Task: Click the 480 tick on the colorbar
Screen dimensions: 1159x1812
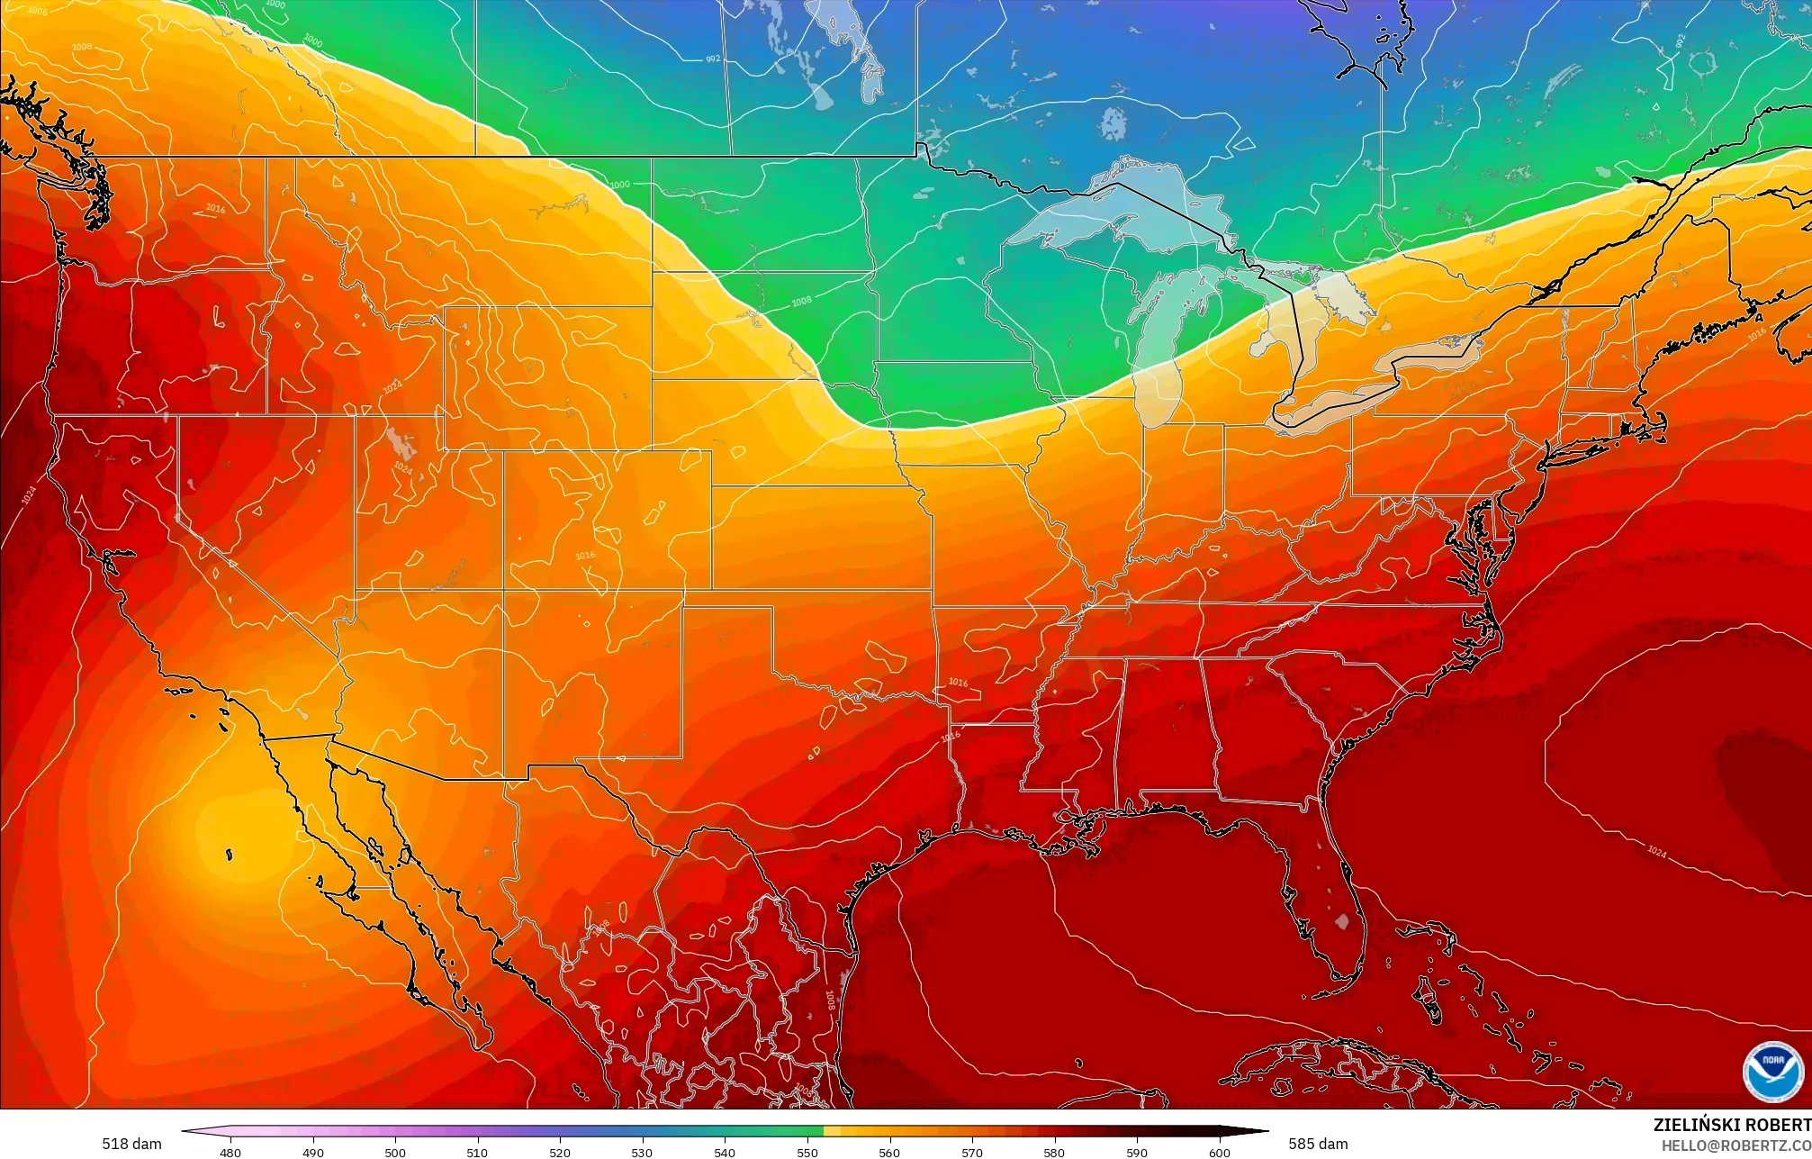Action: [230, 1152]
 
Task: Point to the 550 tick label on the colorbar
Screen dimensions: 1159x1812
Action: [807, 1152]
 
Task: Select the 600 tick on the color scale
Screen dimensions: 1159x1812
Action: [1219, 1152]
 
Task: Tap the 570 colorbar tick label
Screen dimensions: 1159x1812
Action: [972, 1152]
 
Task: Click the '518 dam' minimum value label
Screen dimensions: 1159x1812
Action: [131, 1144]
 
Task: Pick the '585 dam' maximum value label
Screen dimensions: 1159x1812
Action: [1318, 1144]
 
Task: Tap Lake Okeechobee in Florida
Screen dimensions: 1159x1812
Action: [1342, 921]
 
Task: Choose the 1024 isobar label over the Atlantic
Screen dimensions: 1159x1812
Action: [1656, 851]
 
